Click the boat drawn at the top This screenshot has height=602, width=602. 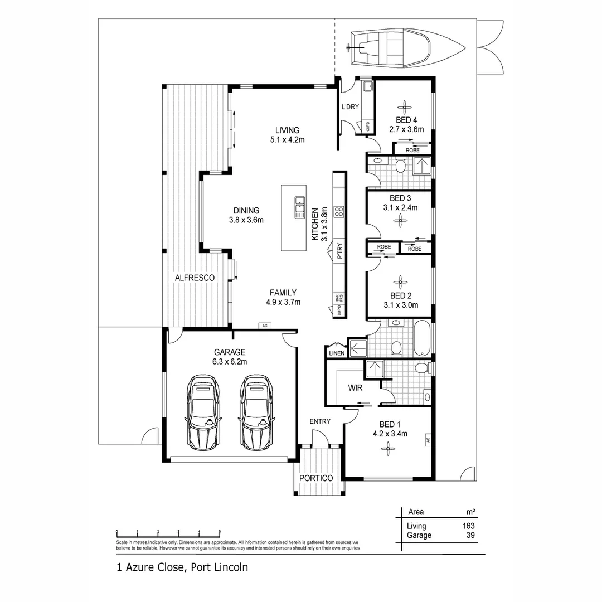[x=405, y=48]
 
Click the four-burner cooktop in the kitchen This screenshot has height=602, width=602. [x=338, y=212]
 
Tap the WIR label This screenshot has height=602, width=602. [x=356, y=387]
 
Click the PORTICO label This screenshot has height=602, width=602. [x=316, y=478]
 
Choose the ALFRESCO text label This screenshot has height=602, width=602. [x=195, y=277]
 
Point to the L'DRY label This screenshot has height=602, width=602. [x=350, y=107]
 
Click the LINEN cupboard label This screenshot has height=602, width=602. [x=337, y=353]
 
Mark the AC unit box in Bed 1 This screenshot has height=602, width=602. [x=428, y=440]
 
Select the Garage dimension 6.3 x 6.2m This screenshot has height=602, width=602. [x=230, y=361]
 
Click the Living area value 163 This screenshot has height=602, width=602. [x=468, y=526]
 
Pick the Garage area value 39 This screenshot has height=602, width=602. [x=470, y=535]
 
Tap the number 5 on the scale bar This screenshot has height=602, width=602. [x=220, y=531]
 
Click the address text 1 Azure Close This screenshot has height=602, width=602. [x=150, y=567]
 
